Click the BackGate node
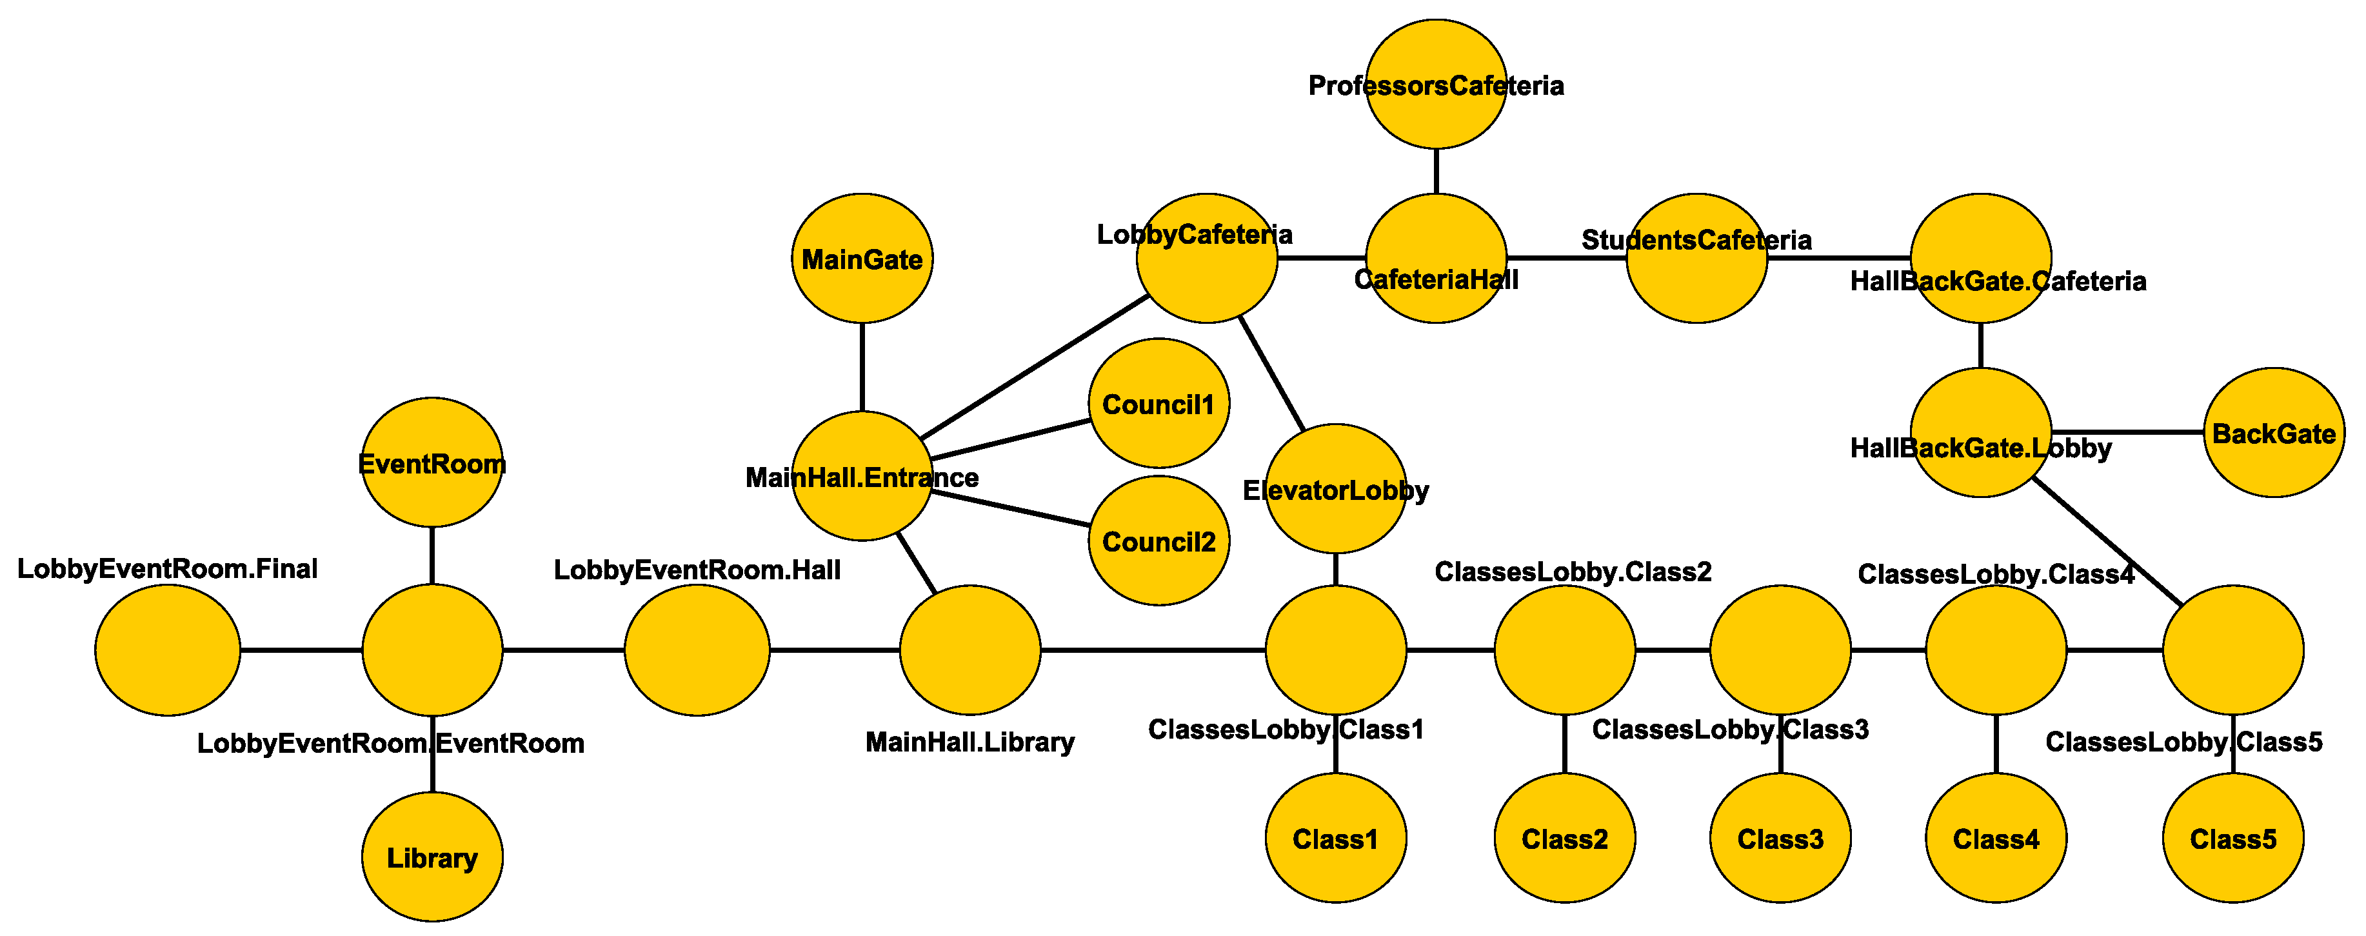pyautogui.click(x=2273, y=433)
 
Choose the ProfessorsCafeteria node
pyautogui.click(x=1436, y=84)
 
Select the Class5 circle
pyautogui.click(x=2233, y=838)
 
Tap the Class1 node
pyautogui.click(x=1335, y=838)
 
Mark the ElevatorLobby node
pyautogui.click(x=1335, y=489)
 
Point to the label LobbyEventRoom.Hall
pyautogui.click(x=697, y=570)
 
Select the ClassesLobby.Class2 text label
pyautogui.click(x=1573, y=572)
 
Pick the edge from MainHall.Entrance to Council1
pyautogui.click(x=1010, y=440)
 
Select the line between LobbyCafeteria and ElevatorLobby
pyautogui.click(x=1272, y=373)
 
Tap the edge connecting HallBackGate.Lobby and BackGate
pyautogui.click(x=2127, y=432)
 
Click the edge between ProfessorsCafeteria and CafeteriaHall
pyautogui.click(x=1436, y=171)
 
